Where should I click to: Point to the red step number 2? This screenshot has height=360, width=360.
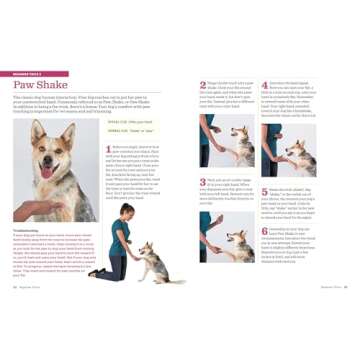(202, 85)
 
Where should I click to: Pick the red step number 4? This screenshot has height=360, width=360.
(265, 85)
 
